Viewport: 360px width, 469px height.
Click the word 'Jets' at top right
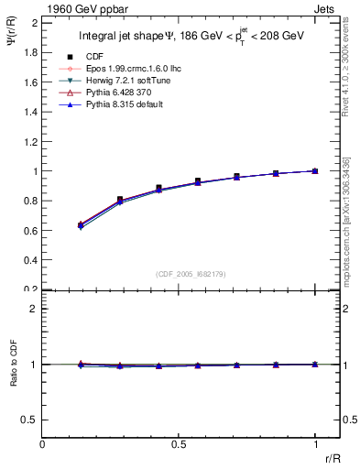(x=326, y=7)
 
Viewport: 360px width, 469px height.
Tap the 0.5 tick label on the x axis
(x=179, y=442)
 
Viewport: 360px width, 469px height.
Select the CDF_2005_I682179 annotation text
(x=180, y=274)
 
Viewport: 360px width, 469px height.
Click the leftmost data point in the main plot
(x=81, y=224)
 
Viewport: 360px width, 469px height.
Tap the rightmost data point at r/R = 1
(x=315, y=170)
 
